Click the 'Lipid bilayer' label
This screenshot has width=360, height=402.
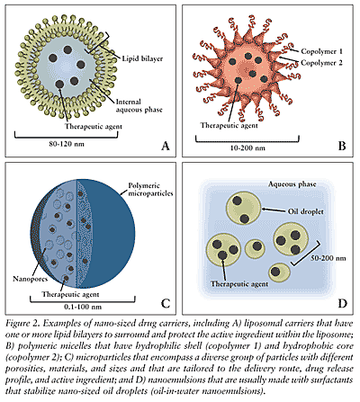[145, 57]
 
